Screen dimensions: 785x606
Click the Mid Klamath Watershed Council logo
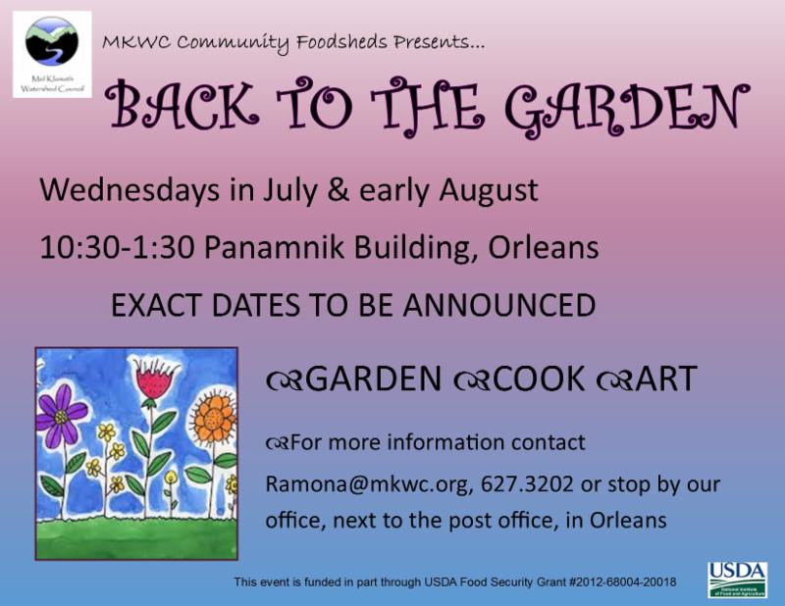[x=52, y=55]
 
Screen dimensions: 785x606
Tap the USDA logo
[x=737, y=580]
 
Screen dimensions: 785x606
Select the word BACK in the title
[x=183, y=106]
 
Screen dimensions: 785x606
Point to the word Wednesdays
[x=130, y=190]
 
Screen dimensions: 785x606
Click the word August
[x=489, y=191]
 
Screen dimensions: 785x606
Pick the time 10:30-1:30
[x=117, y=247]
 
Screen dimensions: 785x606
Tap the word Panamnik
[x=274, y=247]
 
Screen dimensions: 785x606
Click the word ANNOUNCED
[x=499, y=305]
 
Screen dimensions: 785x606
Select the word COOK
[x=539, y=379]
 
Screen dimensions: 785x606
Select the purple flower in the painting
[x=62, y=416]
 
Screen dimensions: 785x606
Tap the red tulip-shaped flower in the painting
[x=154, y=379]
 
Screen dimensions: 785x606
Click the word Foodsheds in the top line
[x=341, y=42]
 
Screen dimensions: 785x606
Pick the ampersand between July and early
[x=338, y=190]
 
